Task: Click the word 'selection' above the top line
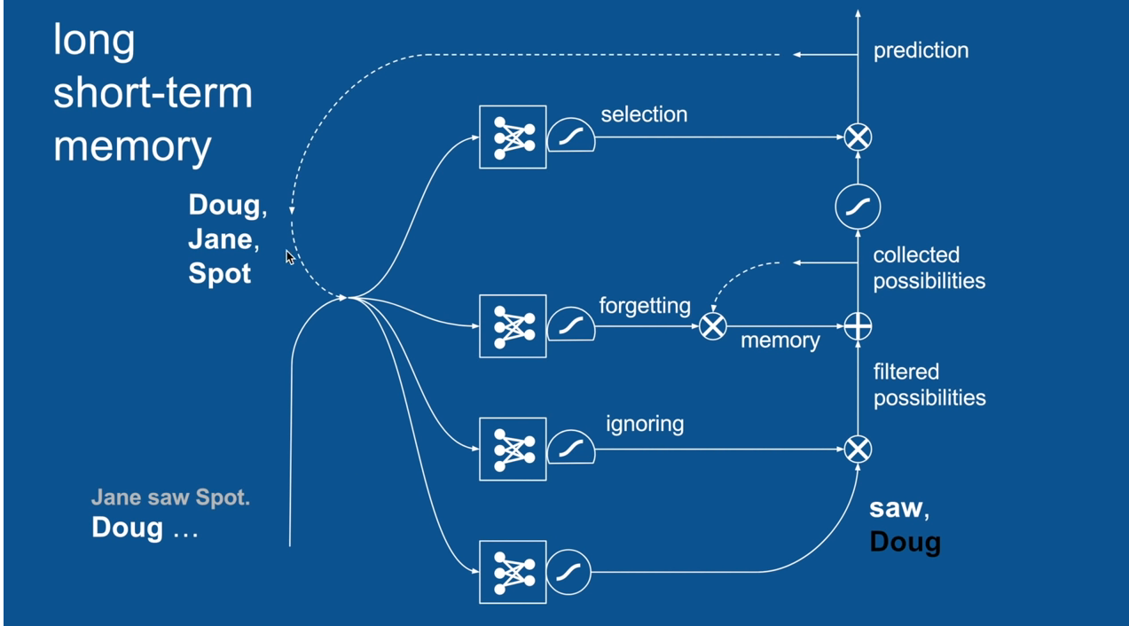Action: (644, 114)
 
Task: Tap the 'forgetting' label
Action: (645, 306)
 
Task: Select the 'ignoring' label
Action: (645, 424)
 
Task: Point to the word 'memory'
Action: (780, 340)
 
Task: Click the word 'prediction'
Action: (921, 51)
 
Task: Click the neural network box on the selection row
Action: (513, 137)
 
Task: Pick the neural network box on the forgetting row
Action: (513, 326)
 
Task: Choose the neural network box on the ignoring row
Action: (513, 449)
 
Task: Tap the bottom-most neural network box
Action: (513, 572)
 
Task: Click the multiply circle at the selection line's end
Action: (858, 137)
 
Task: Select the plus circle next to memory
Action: (858, 326)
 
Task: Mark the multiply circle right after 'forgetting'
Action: (713, 326)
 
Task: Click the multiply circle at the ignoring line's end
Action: (858, 450)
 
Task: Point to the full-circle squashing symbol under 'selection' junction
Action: (858, 207)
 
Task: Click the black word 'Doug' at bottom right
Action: (905, 542)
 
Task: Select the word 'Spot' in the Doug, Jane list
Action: (220, 273)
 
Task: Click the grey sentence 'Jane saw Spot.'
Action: (170, 497)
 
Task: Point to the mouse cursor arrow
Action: (289, 256)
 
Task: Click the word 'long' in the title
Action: (94, 40)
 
